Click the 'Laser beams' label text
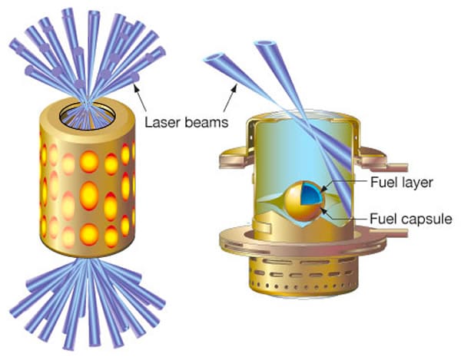187,122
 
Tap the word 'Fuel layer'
401,182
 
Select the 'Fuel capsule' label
411,219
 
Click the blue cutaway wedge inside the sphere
311,193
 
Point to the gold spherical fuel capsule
303,201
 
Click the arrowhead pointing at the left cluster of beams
136,87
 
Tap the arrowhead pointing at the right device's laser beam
235,88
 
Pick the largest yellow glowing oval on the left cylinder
89,195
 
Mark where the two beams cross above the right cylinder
305,124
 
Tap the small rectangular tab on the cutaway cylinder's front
263,226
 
